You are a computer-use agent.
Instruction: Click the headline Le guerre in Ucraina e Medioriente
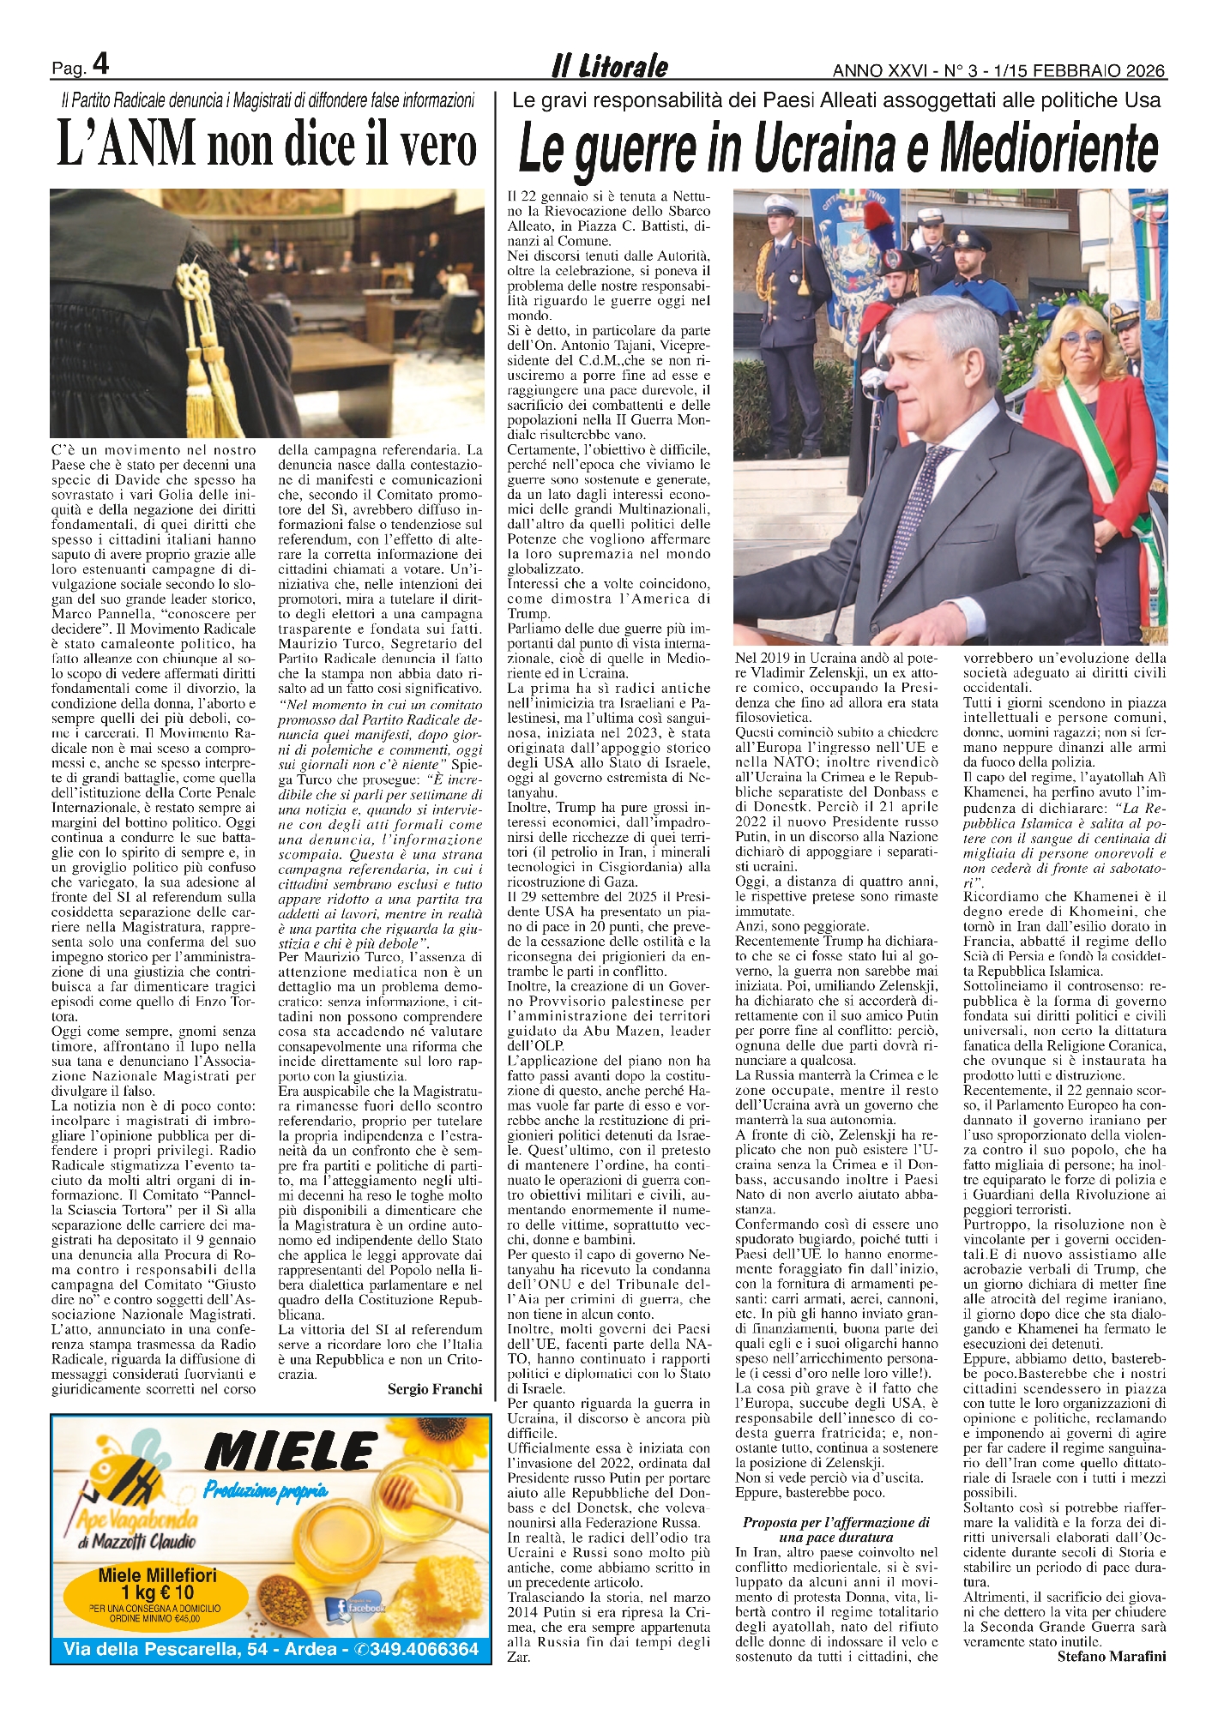pos(838,147)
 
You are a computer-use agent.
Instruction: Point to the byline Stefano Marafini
pos(1111,1656)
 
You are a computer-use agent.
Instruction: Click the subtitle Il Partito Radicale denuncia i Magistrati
pos(268,100)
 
